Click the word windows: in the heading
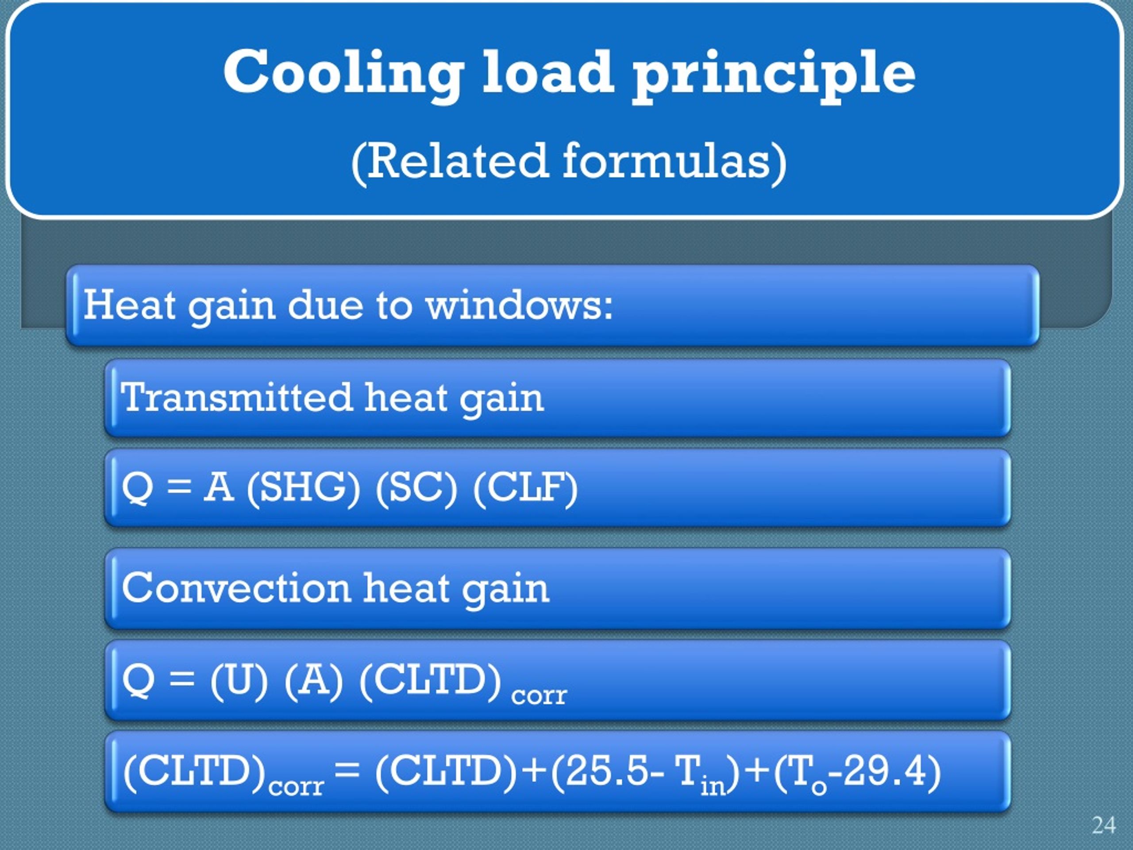520,305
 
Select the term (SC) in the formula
416,487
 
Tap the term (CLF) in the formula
525,487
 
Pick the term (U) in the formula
239,680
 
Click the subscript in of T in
713,784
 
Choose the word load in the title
547,73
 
